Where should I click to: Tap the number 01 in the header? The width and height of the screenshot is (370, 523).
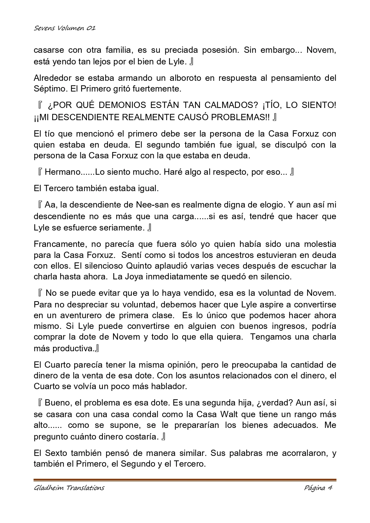91,28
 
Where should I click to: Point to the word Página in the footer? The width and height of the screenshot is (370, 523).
315,488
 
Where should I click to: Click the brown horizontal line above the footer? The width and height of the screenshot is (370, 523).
185,480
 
